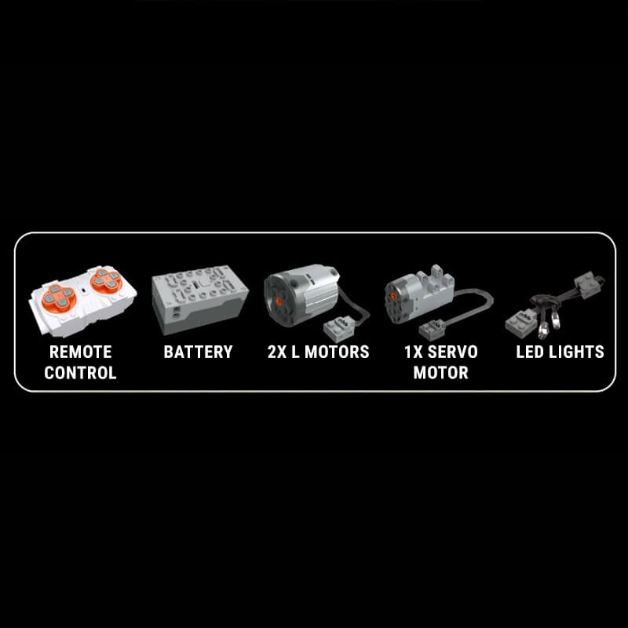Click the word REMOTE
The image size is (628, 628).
click(81, 352)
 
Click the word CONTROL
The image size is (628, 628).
click(81, 373)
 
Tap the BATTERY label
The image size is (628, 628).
click(199, 352)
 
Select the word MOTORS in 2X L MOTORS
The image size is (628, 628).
click(337, 352)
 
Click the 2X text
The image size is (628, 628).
click(277, 352)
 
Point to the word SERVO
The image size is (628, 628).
click(453, 352)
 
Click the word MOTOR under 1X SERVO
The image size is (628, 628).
click(441, 373)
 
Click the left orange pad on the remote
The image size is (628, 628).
click(59, 298)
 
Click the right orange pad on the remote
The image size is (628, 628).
click(106, 280)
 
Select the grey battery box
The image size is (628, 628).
click(199, 299)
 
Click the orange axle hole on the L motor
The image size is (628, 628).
click(278, 300)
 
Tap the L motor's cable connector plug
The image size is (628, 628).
click(339, 328)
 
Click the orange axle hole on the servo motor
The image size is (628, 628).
click(393, 297)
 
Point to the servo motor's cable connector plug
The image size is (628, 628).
click(433, 330)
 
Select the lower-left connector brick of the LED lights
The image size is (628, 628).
click(521, 323)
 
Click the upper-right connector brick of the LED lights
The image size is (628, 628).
click(588, 285)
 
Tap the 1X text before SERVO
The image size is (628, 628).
click(414, 352)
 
